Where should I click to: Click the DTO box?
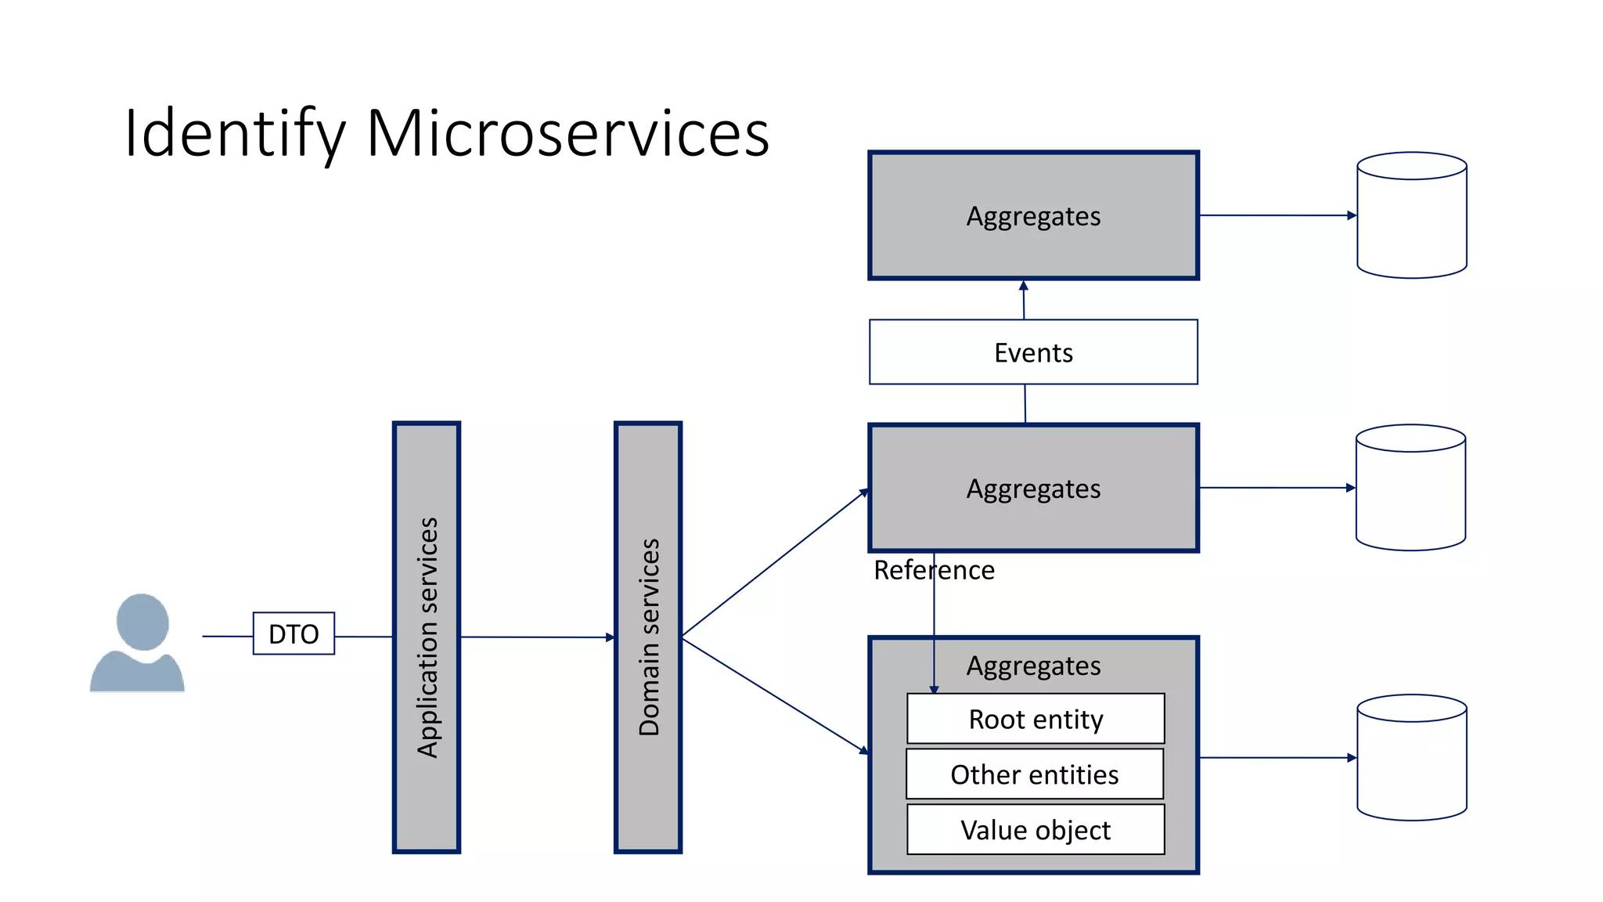(x=294, y=633)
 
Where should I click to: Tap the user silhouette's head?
(x=142, y=621)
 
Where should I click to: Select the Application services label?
(x=427, y=637)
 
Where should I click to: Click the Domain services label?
(x=649, y=637)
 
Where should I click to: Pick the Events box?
(x=1033, y=352)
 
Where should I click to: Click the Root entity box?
(x=1036, y=719)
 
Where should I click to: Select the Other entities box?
(x=1035, y=774)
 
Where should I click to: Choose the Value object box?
(x=1036, y=830)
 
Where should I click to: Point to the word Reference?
(x=934, y=570)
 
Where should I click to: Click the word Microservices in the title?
(x=567, y=133)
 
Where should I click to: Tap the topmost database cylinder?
(x=1411, y=215)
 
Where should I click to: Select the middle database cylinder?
(x=1410, y=488)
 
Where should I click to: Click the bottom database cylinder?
(x=1411, y=757)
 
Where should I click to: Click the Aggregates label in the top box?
(x=1033, y=216)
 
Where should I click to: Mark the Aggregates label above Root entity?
(x=1033, y=666)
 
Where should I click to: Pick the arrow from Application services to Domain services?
(x=537, y=637)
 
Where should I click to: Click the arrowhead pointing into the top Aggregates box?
(x=1023, y=286)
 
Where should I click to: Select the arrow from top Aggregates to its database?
(x=1276, y=215)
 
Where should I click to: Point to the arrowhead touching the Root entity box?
(x=934, y=689)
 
